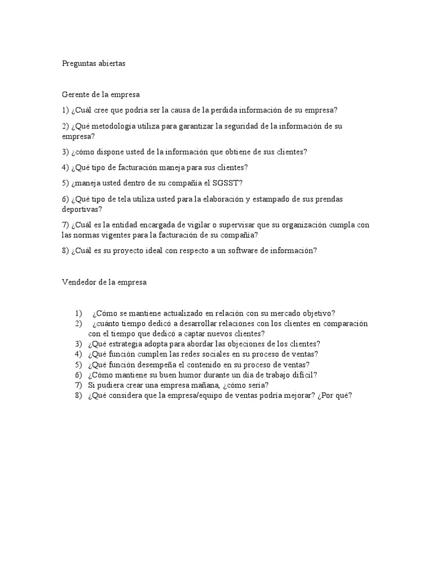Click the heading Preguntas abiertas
[x=94, y=64]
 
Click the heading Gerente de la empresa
[x=101, y=95]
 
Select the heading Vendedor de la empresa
[x=104, y=282]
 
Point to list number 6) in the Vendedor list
[x=78, y=375]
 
